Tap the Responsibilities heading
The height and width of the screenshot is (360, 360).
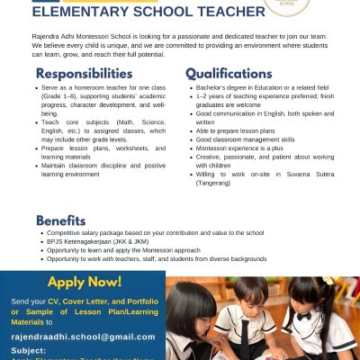85,73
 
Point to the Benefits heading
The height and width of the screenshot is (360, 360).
61,220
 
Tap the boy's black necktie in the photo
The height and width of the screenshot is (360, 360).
245,333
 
